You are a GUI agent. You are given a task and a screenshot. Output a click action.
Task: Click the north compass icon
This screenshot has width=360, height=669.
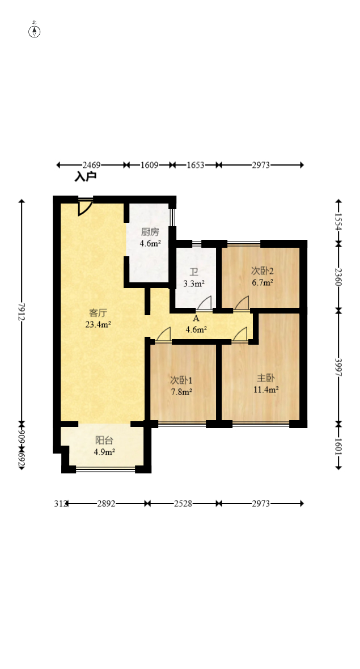click(35, 31)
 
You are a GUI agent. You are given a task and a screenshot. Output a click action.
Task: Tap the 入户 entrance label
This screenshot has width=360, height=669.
click(86, 177)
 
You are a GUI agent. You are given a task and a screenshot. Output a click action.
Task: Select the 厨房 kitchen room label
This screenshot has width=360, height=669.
click(150, 232)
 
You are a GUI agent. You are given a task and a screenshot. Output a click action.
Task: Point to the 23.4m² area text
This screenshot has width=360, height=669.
click(98, 325)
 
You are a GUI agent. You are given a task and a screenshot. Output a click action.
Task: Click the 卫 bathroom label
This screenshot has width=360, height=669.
click(194, 272)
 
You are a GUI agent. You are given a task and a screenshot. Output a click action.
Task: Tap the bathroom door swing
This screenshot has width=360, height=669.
click(204, 303)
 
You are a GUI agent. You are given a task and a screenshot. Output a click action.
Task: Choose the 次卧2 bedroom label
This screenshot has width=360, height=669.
click(262, 271)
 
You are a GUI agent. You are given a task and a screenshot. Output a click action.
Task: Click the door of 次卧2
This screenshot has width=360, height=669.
click(242, 303)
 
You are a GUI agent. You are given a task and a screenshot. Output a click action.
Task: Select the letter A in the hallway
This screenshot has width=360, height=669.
click(196, 318)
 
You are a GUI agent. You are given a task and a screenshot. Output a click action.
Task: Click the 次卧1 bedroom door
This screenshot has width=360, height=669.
click(163, 334)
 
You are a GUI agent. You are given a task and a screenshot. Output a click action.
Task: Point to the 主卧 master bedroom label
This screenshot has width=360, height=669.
click(266, 378)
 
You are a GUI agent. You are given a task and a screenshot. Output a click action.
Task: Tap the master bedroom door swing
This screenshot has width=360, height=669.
click(240, 334)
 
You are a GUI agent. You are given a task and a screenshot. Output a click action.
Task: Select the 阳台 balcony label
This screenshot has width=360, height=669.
click(104, 441)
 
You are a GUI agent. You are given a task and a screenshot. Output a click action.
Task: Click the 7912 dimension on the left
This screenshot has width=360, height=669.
click(22, 312)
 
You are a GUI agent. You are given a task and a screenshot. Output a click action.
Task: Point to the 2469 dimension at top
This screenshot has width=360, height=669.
click(91, 165)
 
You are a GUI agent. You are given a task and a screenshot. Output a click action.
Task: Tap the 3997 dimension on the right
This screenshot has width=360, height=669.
click(338, 367)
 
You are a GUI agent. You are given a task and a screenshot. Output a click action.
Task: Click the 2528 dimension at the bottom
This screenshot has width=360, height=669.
click(183, 503)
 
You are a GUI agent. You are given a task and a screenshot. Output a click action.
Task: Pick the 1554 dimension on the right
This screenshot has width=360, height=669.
click(338, 222)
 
